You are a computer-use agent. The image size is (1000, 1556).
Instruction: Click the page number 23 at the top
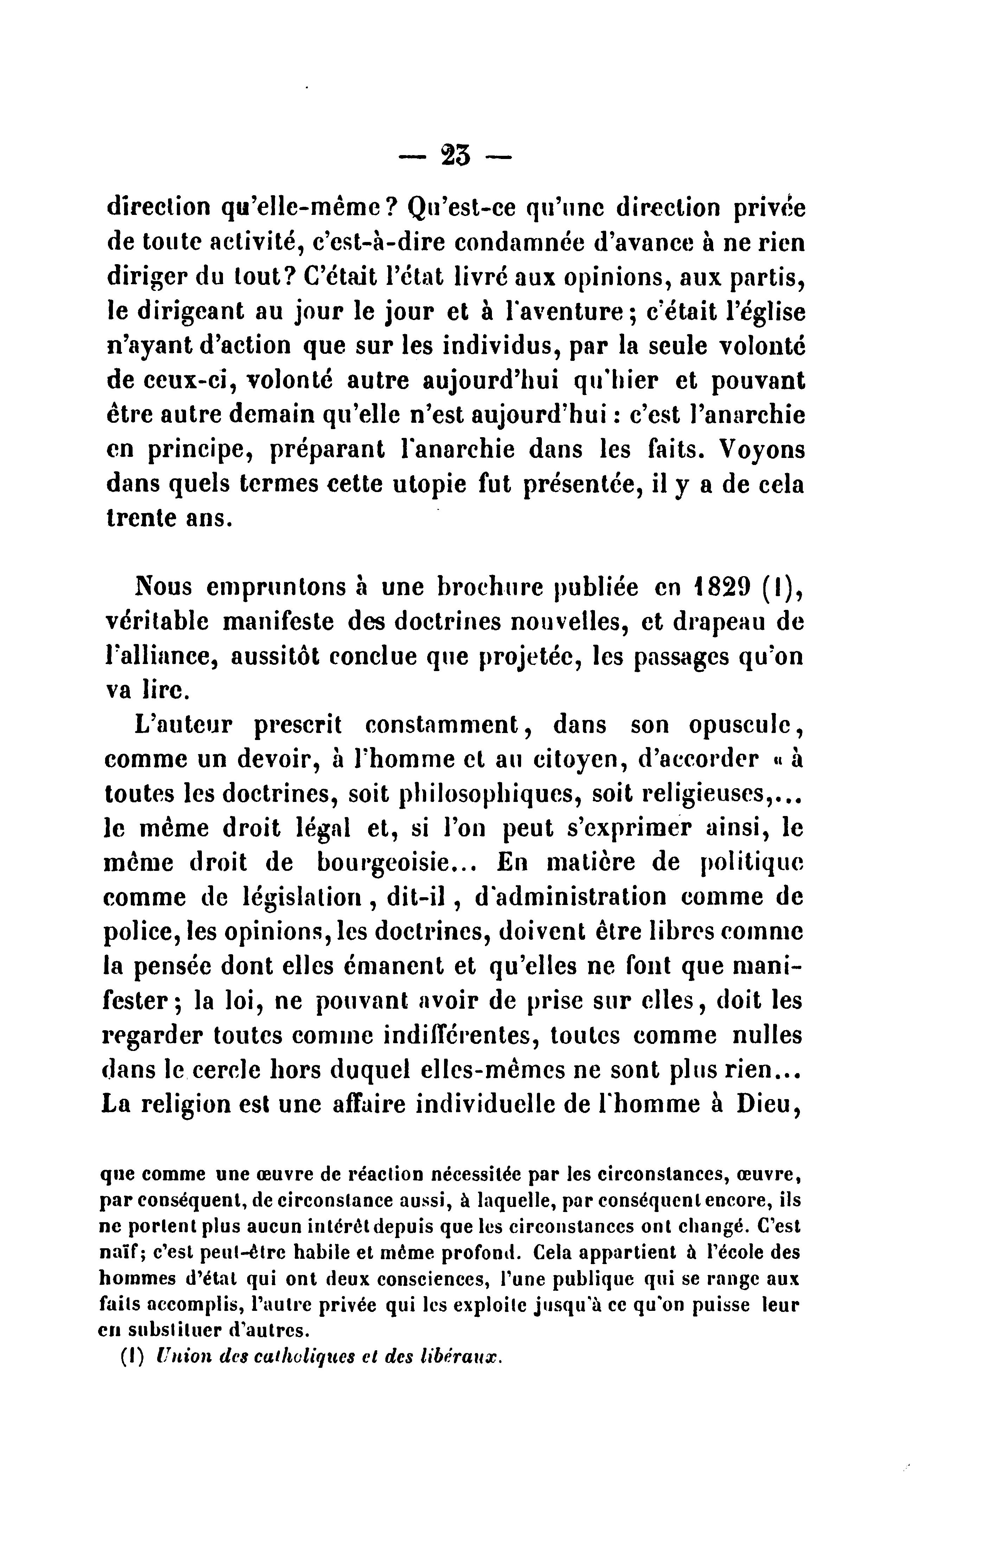pos(455,157)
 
